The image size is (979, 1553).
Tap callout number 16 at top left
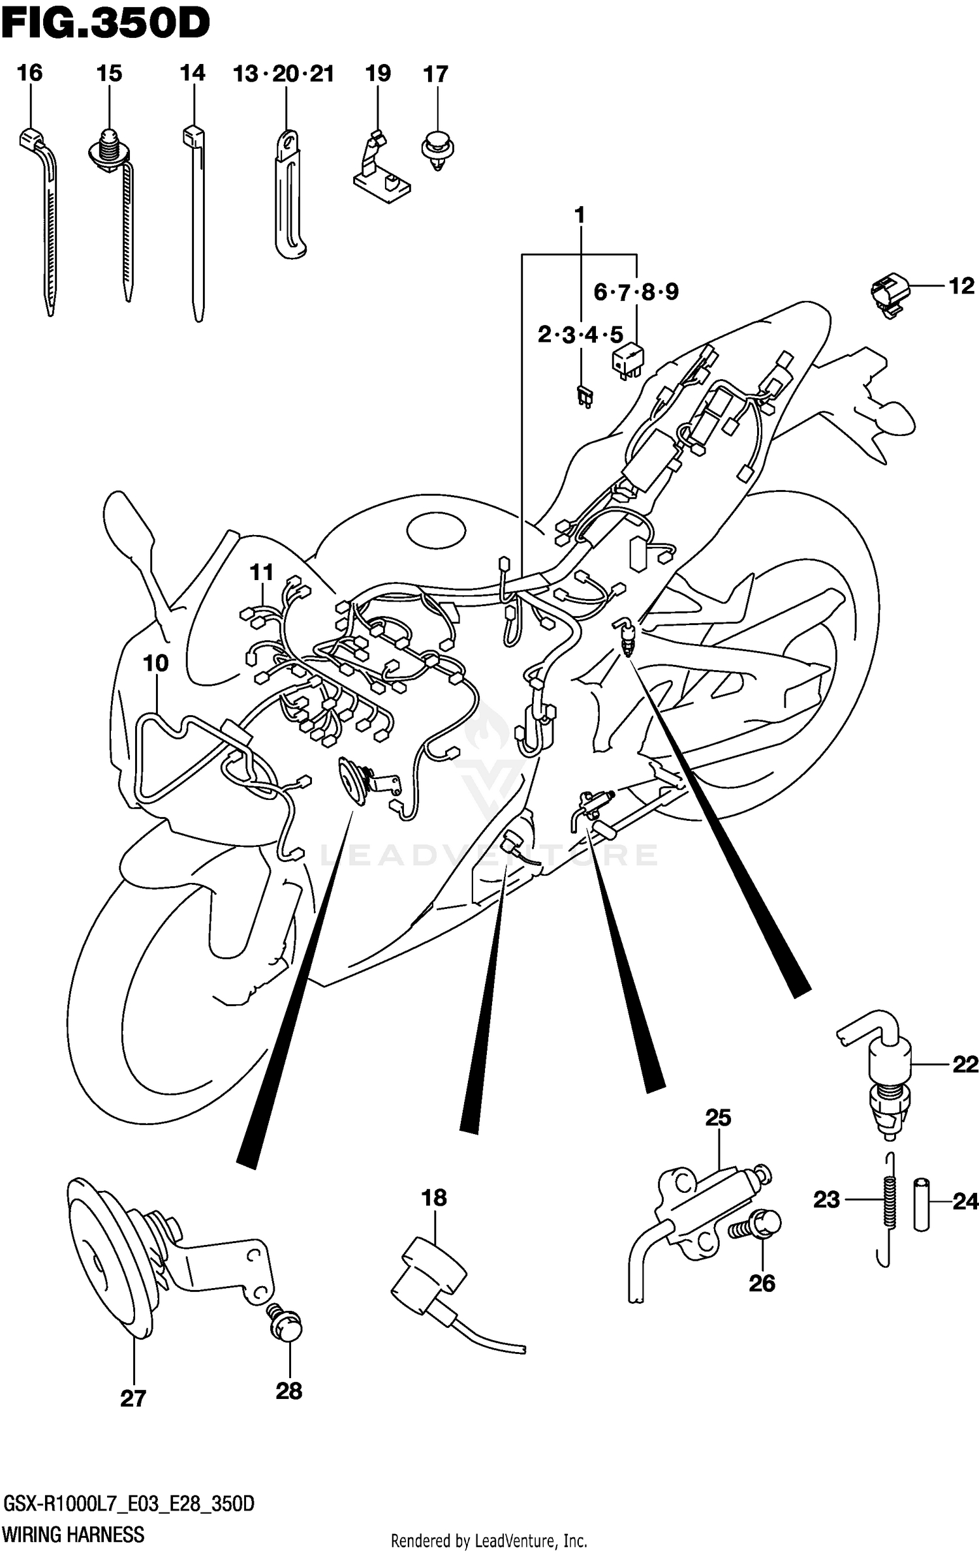[29, 73]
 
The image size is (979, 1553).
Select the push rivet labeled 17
[438, 150]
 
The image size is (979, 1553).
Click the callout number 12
[961, 286]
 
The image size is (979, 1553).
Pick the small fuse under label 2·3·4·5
[583, 396]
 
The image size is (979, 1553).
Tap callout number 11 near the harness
[262, 572]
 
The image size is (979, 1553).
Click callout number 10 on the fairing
[155, 664]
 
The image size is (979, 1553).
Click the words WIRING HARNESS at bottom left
[73, 1535]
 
